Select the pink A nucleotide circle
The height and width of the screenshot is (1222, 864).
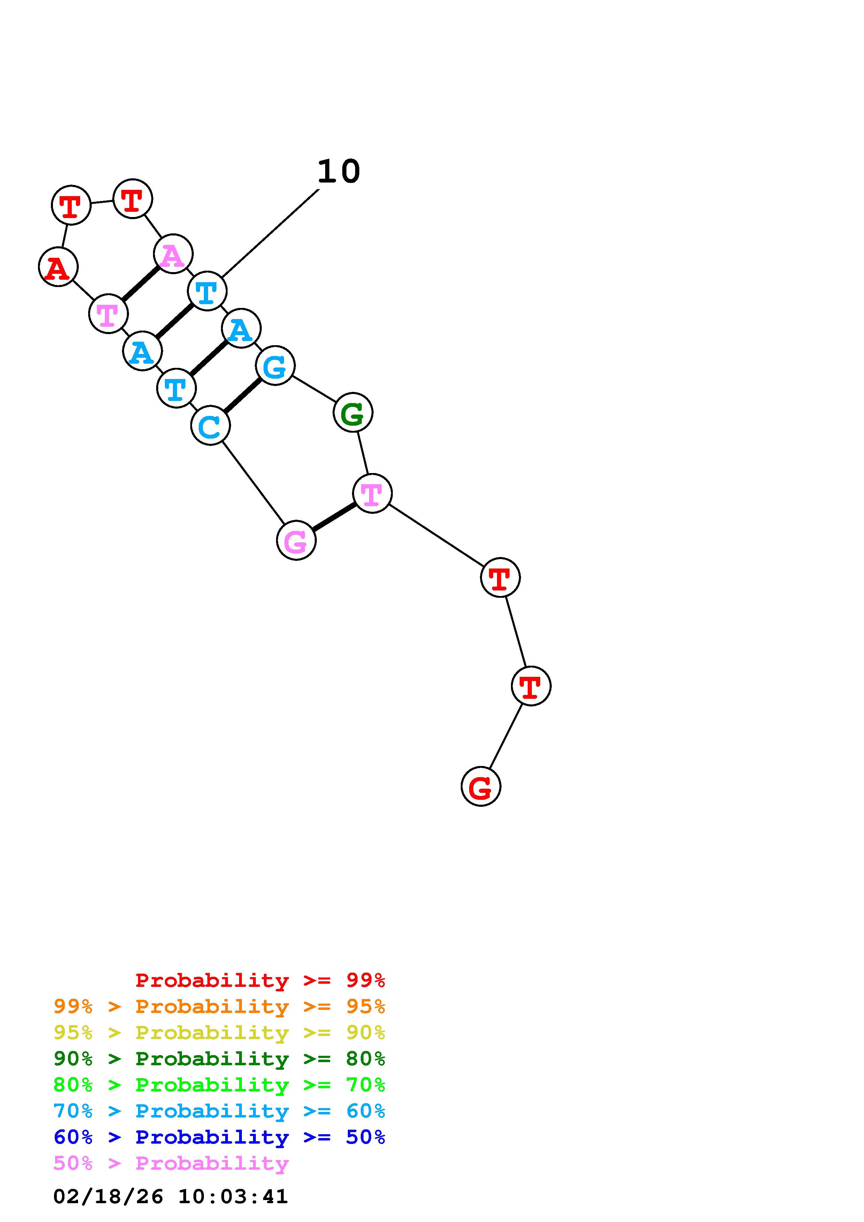point(173,254)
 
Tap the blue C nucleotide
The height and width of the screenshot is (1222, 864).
point(210,425)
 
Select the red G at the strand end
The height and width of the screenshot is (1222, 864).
point(481,787)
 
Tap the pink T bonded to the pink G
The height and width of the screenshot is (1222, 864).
point(372,493)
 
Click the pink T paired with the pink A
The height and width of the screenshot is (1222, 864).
point(108,314)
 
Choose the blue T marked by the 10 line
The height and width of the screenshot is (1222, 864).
point(207,291)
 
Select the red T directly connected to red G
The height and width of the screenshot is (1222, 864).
point(531,686)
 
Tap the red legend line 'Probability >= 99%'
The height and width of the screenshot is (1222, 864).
point(260,980)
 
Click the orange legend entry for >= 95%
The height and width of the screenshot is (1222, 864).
point(219,1006)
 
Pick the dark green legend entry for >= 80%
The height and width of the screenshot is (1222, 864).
point(219,1059)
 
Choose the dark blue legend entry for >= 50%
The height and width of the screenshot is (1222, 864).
point(219,1137)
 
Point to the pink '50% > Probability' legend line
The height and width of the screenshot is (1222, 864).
point(171,1163)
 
